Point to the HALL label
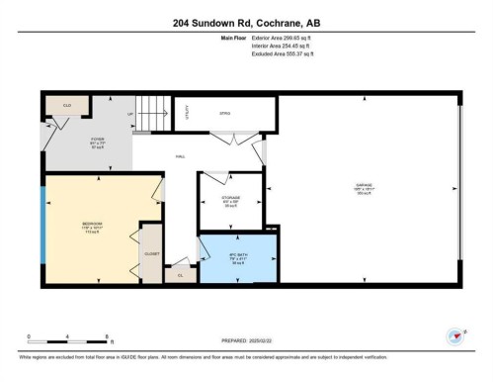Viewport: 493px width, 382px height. pos(181,156)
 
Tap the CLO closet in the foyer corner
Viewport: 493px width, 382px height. pos(67,105)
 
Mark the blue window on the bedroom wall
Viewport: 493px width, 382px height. pos(41,225)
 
